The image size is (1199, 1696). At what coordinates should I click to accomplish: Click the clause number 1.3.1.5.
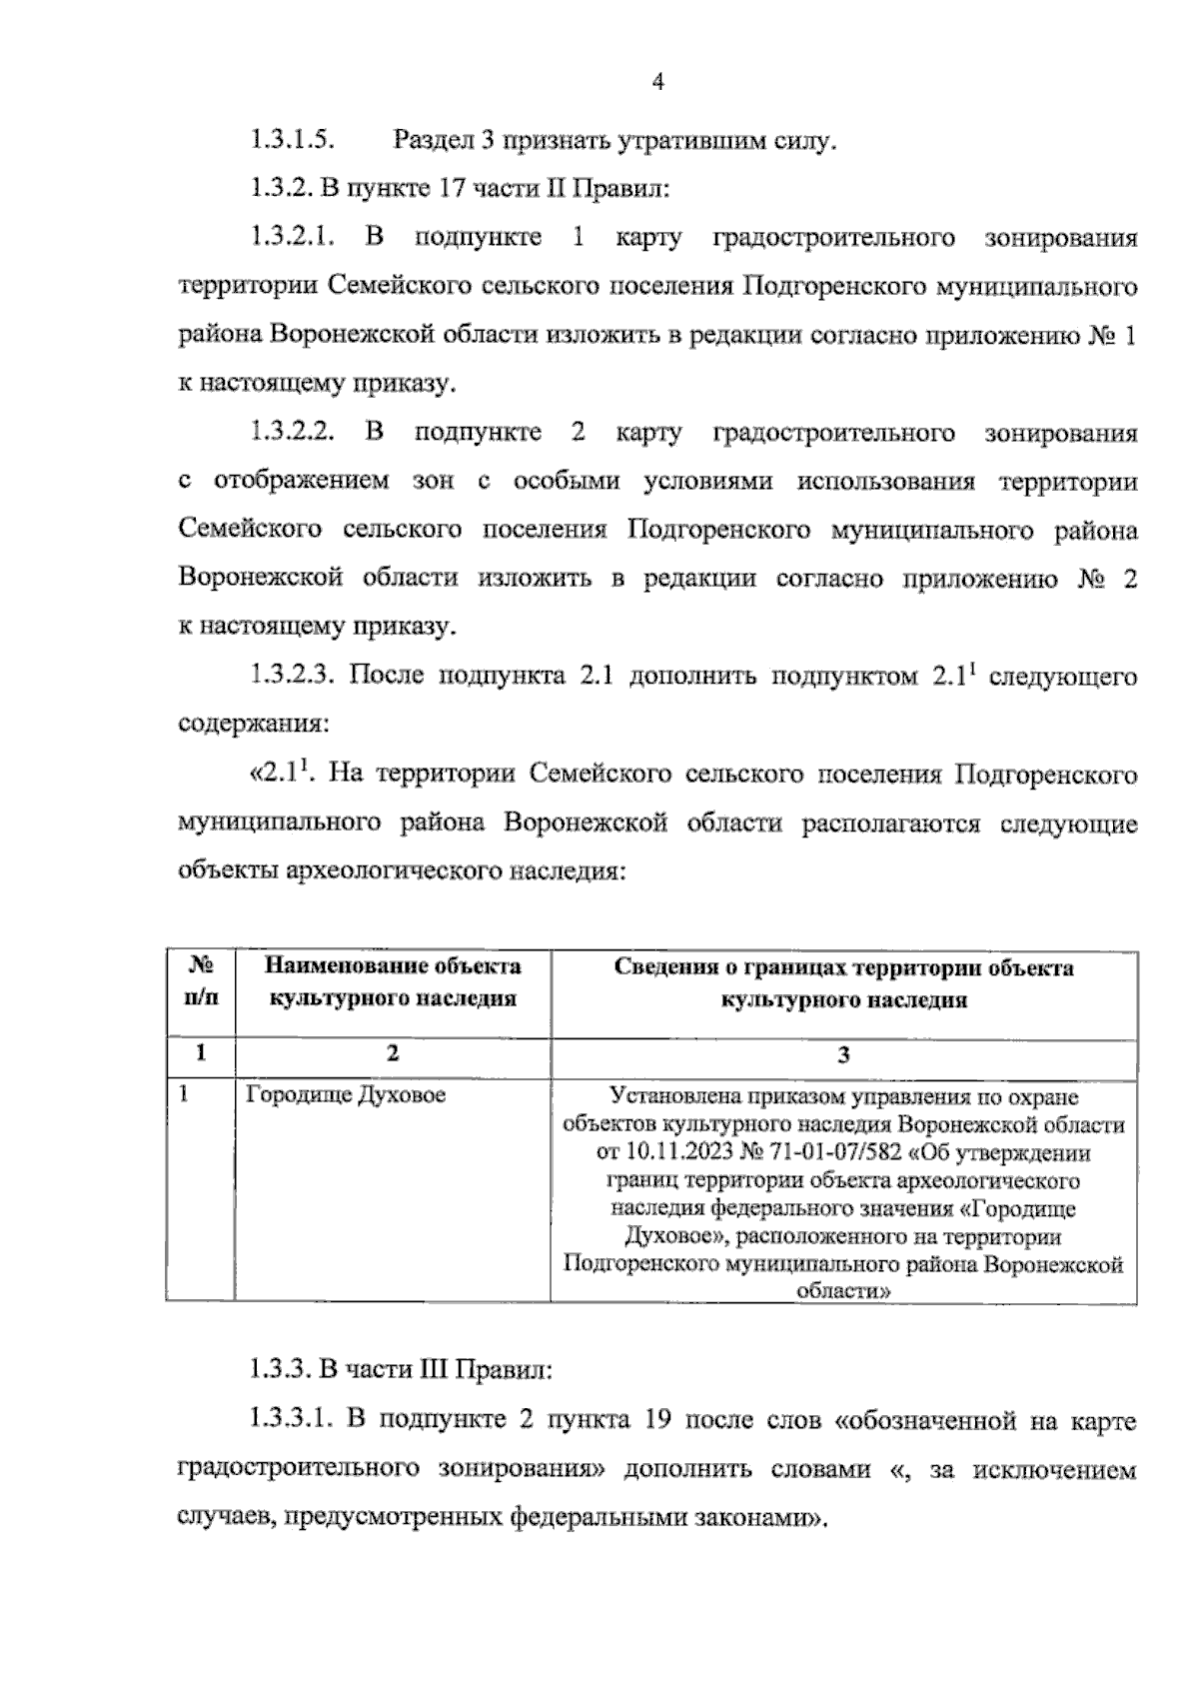pyautogui.click(x=291, y=140)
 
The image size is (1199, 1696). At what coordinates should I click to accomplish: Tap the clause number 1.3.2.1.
pyautogui.click(x=291, y=238)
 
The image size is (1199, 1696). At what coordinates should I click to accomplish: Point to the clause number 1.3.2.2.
pyautogui.click(x=291, y=433)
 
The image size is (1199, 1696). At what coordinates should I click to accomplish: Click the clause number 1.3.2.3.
pyautogui.click(x=291, y=677)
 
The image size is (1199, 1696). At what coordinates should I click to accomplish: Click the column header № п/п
pyautogui.click(x=201, y=982)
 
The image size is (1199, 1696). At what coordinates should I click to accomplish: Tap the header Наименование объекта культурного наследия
pyautogui.click(x=393, y=982)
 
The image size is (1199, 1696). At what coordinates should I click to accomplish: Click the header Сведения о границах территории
pyautogui.click(x=843, y=967)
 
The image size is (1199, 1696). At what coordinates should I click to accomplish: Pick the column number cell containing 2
pyautogui.click(x=393, y=1053)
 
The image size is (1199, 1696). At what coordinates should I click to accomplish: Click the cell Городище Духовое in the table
pyautogui.click(x=346, y=1094)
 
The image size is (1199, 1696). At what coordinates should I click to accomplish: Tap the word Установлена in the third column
pyautogui.click(x=668, y=1096)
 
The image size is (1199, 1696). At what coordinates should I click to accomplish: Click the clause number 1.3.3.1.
pyautogui.click(x=291, y=1420)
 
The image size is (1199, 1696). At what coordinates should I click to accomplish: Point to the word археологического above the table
pyautogui.click(x=395, y=869)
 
